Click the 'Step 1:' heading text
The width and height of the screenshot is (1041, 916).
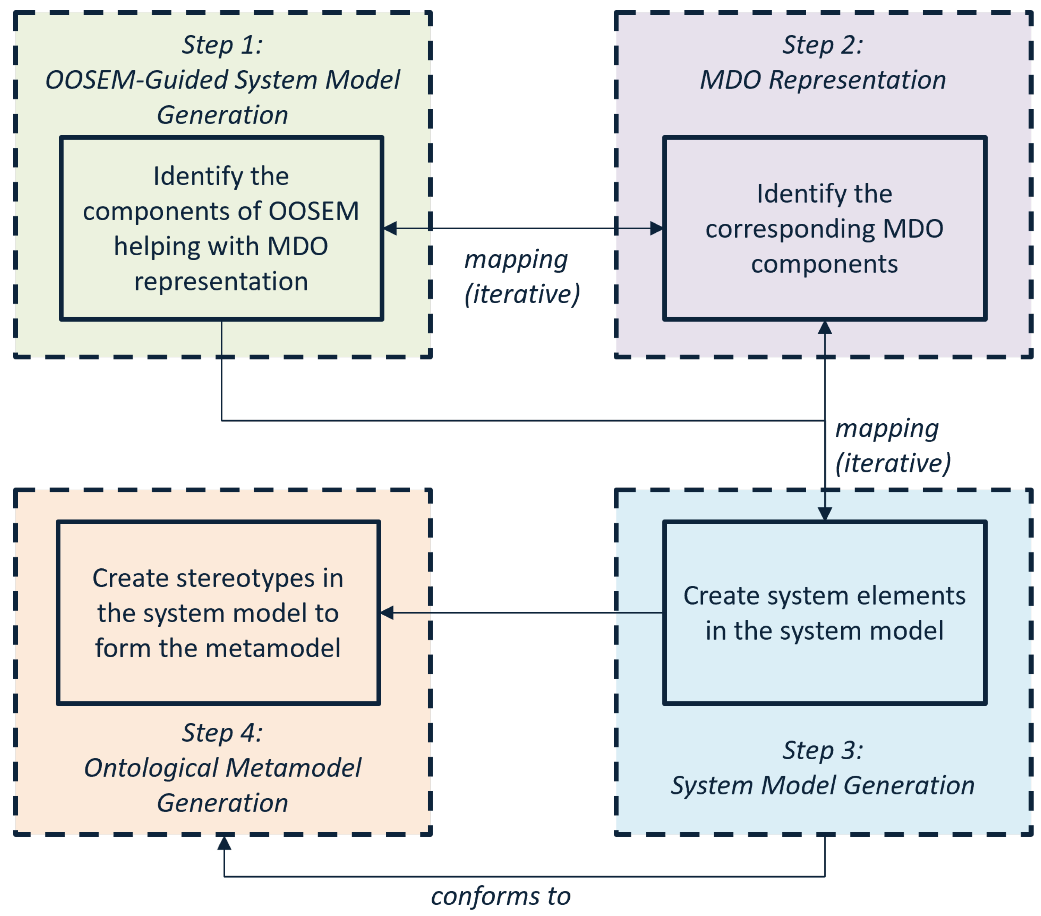pyautogui.click(x=222, y=45)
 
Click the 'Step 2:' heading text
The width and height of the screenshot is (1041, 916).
pyautogui.click(x=823, y=45)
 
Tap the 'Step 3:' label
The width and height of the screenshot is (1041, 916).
pyautogui.click(x=823, y=750)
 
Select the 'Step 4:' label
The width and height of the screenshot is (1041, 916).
pyautogui.click(x=222, y=733)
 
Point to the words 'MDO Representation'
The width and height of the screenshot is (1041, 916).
pyautogui.click(x=823, y=80)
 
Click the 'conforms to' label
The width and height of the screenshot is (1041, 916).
pyautogui.click(x=500, y=897)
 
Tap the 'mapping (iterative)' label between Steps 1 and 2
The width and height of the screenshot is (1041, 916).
pyautogui.click(x=521, y=277)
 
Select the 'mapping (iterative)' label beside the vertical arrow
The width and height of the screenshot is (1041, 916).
pyautogui.click(x=892, y=446)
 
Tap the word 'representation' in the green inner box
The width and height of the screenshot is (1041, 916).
pyautogui.click(x=221, y=282)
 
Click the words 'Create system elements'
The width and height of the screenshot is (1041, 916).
pyautogui.click(x=824, y=596)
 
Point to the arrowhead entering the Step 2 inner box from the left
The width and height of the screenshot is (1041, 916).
pyautogui.click(x=657, y=229)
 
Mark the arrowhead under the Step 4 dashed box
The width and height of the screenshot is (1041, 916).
pyautogui.click(x=224, y=843)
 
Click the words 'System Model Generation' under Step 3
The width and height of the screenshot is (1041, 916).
pyautogui.click(x=823, y=785)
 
